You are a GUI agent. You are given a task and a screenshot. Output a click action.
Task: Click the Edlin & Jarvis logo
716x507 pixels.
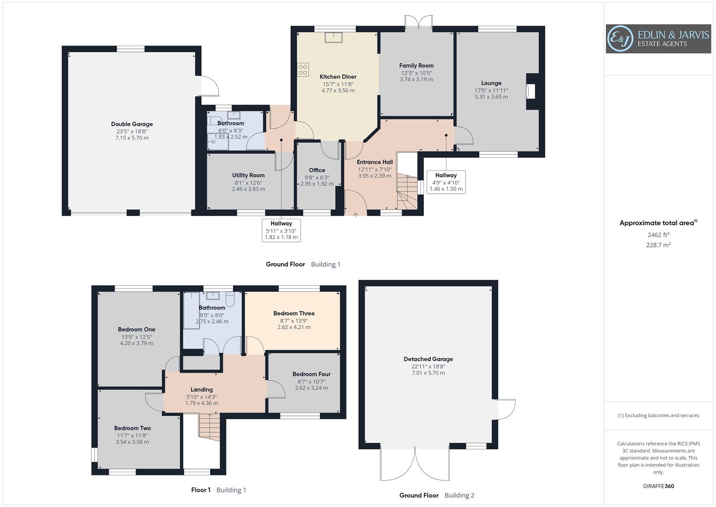point(658,39)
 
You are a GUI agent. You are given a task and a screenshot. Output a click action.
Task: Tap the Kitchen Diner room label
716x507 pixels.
point(338,77)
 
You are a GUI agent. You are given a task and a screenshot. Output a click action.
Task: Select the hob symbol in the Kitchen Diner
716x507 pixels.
point(303,70)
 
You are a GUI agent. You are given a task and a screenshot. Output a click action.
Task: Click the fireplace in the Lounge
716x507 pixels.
point(531,91)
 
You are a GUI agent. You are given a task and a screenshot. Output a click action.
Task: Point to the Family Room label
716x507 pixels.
point(416,66)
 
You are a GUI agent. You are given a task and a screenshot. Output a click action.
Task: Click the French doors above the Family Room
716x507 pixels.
point(419,23)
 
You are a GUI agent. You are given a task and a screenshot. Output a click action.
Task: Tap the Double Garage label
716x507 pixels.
point(132,124)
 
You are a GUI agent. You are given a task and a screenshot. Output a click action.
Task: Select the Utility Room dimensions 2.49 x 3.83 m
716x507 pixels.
point(248,189)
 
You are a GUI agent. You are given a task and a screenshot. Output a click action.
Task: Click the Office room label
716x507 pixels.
point(317,170)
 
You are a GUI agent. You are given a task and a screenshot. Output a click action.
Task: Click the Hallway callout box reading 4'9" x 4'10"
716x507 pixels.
point(446,182)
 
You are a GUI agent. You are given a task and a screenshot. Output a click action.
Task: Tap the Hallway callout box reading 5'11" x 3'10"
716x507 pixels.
point(281,230)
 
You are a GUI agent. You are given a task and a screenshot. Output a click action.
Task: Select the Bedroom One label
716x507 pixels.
point(136,330)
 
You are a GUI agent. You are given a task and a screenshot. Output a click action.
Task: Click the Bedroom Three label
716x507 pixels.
point(294,313)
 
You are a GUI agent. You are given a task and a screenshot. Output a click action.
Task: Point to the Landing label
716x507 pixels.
point(202,389)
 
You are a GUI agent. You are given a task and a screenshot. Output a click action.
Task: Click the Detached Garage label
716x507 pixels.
point(428,359)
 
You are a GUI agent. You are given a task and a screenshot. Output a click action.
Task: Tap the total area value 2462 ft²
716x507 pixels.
point(658,235)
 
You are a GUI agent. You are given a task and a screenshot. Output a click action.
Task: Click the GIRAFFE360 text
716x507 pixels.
point(658,486)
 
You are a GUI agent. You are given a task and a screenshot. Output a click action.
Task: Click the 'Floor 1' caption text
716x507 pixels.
point(201,490)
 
